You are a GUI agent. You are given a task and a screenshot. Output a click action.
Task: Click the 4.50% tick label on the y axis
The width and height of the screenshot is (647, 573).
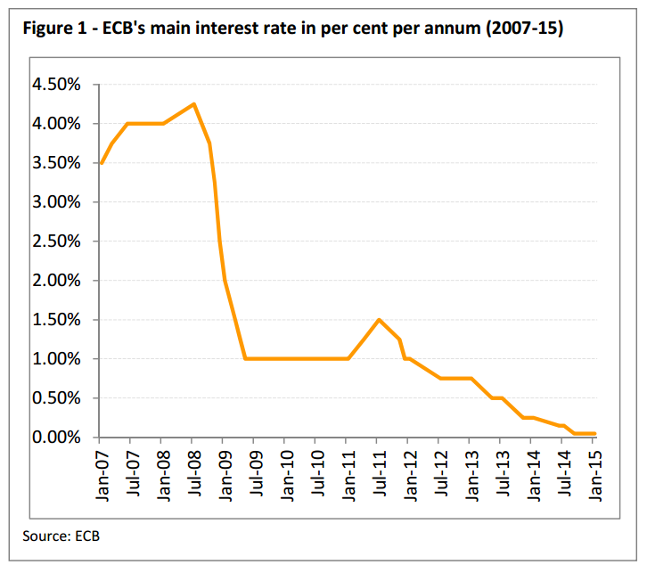pos(56,85)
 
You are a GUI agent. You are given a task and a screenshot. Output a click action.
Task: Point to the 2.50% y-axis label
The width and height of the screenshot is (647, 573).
pos(56,241)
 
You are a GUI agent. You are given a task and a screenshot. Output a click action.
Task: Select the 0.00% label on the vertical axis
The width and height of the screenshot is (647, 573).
pos(56,438)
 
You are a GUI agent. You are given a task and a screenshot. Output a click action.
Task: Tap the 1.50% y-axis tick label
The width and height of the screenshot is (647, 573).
pos(56,320)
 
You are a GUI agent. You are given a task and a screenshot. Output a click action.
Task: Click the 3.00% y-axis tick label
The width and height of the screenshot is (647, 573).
pos(56,202)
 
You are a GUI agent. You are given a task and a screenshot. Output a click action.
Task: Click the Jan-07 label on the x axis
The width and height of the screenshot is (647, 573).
pos(101,473)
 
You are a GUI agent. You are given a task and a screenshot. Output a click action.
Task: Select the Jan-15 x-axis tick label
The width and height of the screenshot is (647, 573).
pos(595,473)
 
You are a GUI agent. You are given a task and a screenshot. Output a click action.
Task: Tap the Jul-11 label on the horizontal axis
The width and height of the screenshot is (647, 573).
pos(379,473)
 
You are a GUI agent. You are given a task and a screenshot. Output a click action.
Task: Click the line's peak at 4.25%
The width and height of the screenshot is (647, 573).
pos(193,104)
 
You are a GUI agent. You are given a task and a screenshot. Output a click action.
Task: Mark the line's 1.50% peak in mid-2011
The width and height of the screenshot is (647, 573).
pos(379,320)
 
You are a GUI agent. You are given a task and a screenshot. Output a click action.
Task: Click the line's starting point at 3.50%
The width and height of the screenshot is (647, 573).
pos(101,163)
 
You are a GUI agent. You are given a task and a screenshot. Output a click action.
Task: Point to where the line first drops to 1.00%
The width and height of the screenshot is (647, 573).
pos(244,359)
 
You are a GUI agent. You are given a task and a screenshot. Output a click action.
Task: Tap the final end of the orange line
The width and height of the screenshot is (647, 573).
pos(595,434)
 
